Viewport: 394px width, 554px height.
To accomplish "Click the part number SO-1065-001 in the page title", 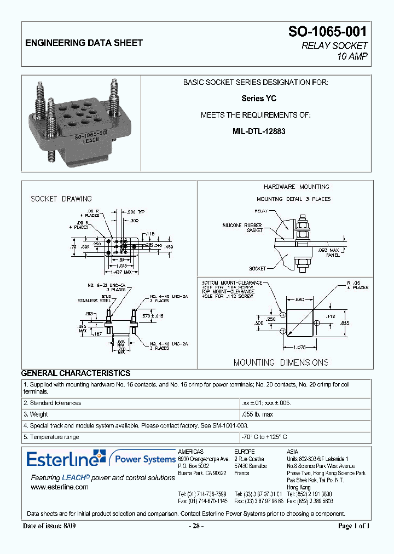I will tap(328, 32).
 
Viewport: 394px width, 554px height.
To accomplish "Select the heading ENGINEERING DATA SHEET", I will tap(84, 43).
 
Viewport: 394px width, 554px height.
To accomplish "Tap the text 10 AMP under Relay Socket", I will tap(352, 56).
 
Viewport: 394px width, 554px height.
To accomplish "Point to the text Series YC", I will tap(258, 99).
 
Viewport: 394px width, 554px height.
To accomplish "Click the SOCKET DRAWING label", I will tap(61, 199).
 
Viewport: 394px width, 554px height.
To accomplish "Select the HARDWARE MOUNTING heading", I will tap(296, 187).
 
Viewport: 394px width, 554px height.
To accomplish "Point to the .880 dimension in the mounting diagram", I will tap(299, 299).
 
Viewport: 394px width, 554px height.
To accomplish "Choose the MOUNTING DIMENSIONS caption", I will tap(281, 362).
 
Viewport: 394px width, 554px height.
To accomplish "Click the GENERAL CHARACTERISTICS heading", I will tap(76, 373).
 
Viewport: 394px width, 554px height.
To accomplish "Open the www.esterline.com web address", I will tap(60, 487).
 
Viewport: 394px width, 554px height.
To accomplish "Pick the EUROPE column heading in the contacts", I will tap(244, 451).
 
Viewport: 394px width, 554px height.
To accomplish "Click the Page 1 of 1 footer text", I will tap(354, 526).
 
